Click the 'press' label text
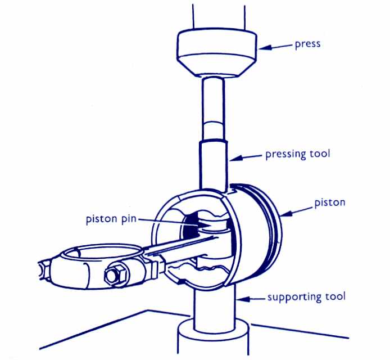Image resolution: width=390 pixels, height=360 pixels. (308, 44)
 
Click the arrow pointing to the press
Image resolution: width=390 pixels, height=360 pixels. (275, 47)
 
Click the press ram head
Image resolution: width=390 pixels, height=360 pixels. (216, 53)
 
